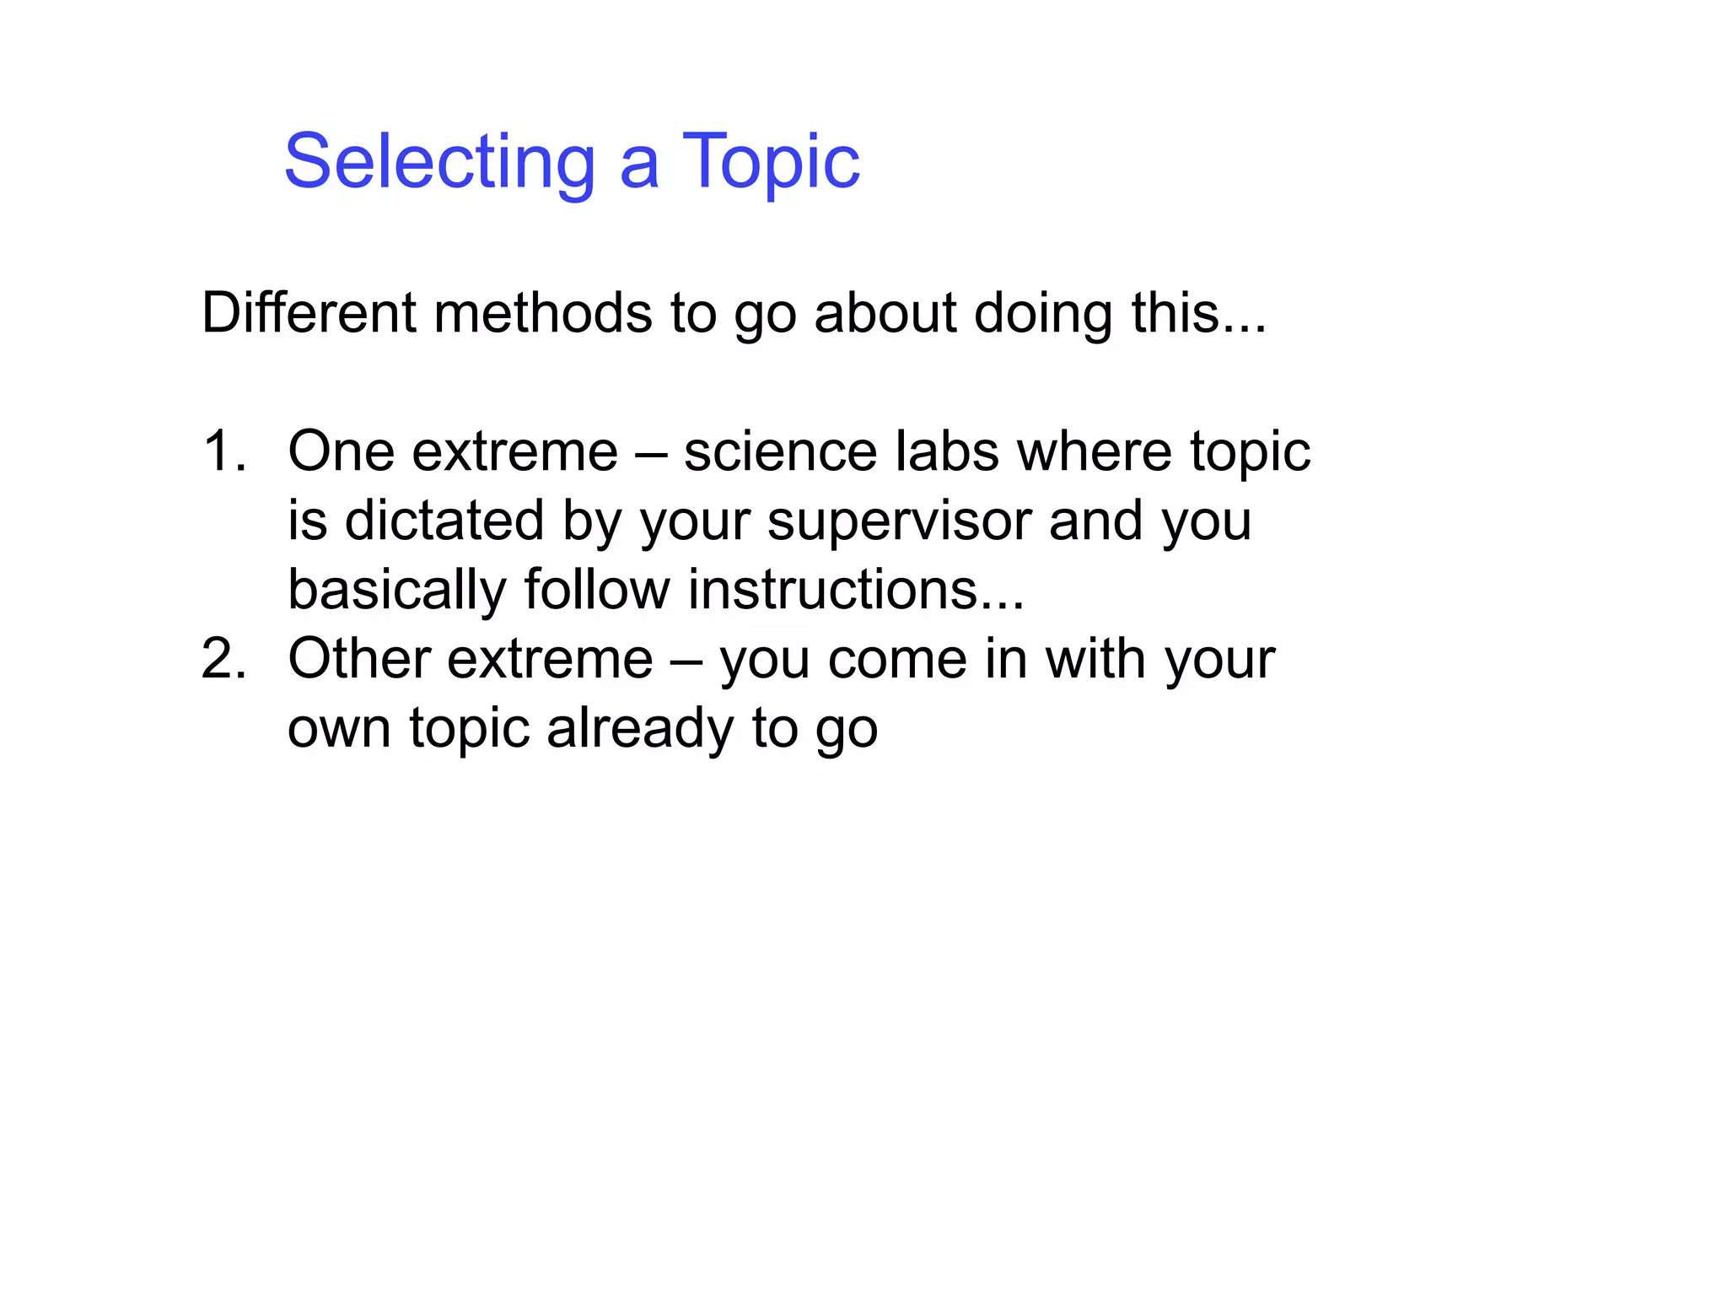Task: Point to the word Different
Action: tap(309, 313)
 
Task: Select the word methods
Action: tap(543, 313)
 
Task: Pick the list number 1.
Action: tap(223, 451)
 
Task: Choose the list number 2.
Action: tap(223, 659)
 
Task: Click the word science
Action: tap(780, 451)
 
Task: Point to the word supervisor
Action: tap(899, 521)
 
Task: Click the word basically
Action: tap(397, 590)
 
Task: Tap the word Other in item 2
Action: tap(359, 659)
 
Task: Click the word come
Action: tap(897, 659)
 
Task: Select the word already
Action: tap(640, 728)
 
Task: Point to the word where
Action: tap(1095, 451)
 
